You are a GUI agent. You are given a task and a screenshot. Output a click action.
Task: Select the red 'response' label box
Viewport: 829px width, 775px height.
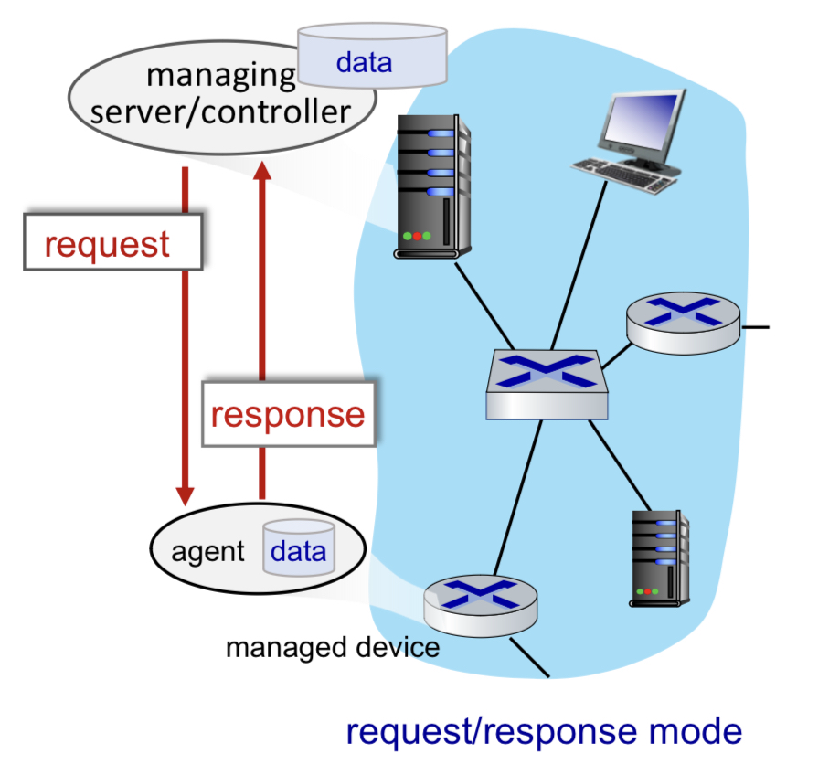[288, 414]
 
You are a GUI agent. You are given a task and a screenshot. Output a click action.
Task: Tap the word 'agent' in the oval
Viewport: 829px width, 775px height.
[208, 552]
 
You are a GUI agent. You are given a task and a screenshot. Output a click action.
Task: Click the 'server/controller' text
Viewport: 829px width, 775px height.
[221, 112]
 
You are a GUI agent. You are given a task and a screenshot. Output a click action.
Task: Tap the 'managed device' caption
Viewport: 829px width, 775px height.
[333, 648]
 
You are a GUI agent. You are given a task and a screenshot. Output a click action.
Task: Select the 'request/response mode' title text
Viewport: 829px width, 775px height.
[545, 732]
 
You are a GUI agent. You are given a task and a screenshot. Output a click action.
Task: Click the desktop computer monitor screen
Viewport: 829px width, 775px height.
[643, 125]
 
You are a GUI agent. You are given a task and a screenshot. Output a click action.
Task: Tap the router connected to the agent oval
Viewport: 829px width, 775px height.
[480, 600]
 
